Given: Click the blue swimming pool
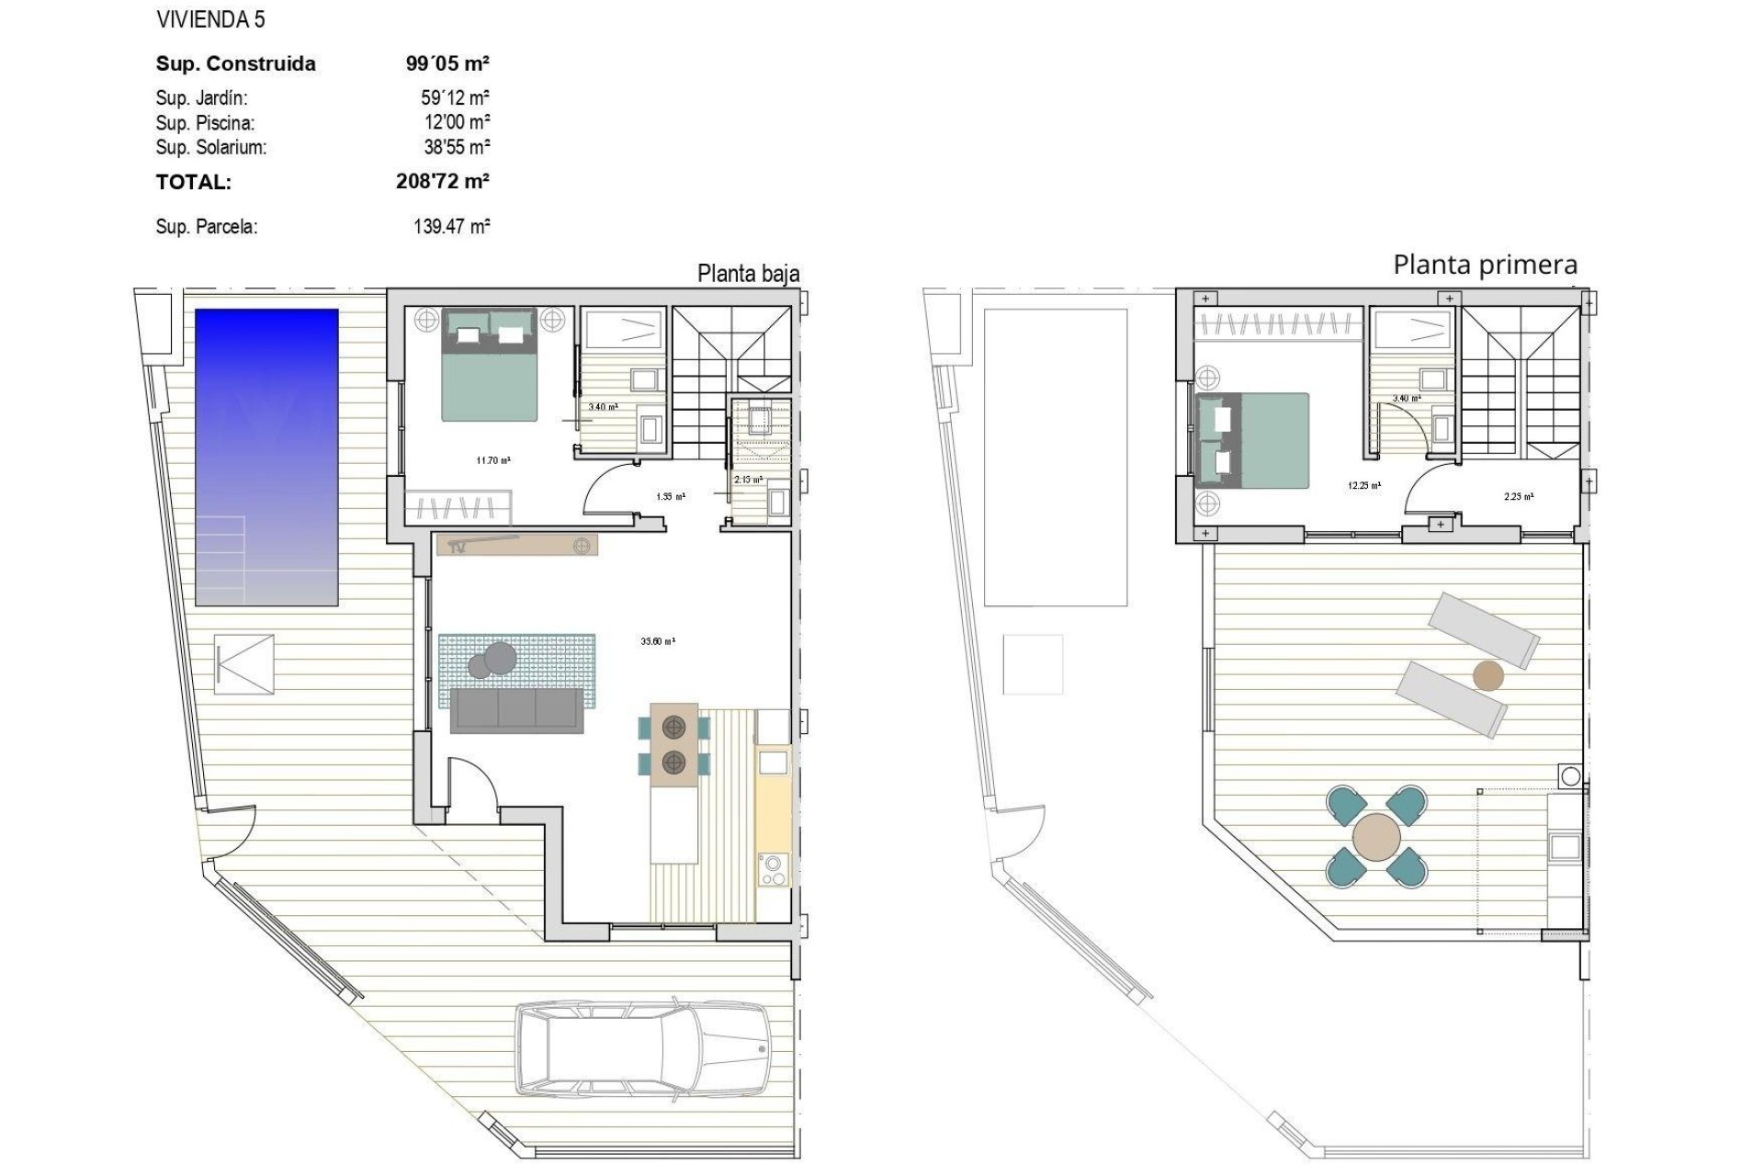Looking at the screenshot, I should click(x=266, y=457).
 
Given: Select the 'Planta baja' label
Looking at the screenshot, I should click(x=748, y=274).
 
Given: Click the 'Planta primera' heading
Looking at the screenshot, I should click(x=1485, y=265).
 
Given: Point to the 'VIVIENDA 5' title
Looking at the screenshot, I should click(x=210, y=19).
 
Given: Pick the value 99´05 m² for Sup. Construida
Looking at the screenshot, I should click(x=447, y=63).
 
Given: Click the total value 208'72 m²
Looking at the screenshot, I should click(x=442, y=181).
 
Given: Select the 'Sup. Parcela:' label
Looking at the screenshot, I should click(x=207, y=227).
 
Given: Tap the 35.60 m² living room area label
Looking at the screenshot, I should click(x=658, y=641).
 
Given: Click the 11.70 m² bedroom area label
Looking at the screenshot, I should click(x=493, y=460).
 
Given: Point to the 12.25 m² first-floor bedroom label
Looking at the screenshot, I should click(x=1364, y=485).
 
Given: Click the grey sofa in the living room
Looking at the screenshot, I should click(x=516, y=711).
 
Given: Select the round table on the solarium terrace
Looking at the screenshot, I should click(x=1376, y=837).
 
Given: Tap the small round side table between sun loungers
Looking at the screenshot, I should click(x=1488, y=676).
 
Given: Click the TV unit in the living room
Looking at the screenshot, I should click(x=517, y=545).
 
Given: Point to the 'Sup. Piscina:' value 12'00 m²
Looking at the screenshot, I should click(x=457, y=122).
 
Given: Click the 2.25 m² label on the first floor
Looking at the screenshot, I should click(x=1518, y=497).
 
